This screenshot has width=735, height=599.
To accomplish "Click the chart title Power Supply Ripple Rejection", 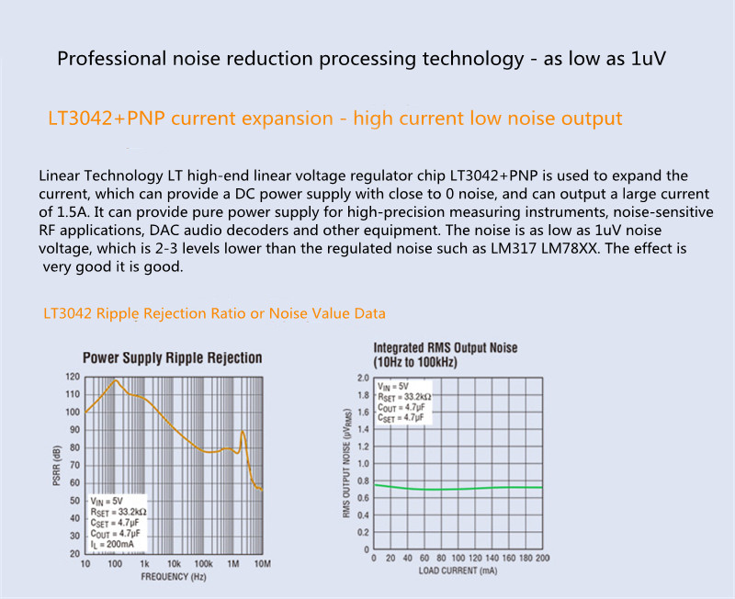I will point(172,358).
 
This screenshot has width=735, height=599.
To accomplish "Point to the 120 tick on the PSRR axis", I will point(73,377).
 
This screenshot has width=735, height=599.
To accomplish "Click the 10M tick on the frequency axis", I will point(261,563).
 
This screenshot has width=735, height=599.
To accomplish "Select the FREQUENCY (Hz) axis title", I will point(174,577).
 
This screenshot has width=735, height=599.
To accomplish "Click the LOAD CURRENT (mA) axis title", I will point(458,570).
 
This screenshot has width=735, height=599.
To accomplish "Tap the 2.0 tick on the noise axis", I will point(362,378).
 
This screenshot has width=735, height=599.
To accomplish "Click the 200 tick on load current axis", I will point(542,558).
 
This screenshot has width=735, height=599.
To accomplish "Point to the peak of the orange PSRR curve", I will point(116,379).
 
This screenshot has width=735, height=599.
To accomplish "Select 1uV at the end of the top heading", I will point(645,60).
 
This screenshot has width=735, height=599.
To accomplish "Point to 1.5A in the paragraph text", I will point(54,212).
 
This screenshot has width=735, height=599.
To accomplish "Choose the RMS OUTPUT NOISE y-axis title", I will point(347,465).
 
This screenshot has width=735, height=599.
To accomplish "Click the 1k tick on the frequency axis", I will point(143,563).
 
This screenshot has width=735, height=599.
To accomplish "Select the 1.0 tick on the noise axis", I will point(362,464).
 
